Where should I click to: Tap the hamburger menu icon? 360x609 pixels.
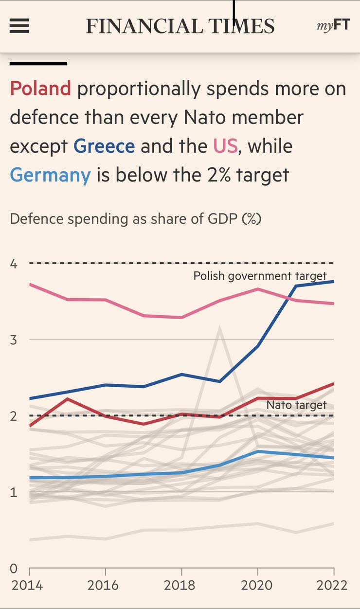coord(19,26)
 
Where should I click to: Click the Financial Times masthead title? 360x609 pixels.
coord(180,26)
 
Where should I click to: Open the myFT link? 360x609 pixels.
coord(333,25)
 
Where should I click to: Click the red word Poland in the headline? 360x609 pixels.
coord(40,89)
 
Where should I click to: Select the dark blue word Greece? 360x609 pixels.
coord(104,146)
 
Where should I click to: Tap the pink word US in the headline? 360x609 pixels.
coord(225,146)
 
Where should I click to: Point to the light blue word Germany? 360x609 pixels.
coord(50,175)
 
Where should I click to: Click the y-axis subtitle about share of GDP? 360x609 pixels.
coord(136,219)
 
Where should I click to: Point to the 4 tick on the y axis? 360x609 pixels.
coord(14,264)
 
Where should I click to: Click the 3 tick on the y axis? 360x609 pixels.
coord(14,340)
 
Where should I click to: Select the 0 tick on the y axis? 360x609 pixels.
coord(14,568)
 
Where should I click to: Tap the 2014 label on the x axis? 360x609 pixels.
coord(27,584)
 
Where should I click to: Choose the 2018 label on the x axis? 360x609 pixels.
coord(181,584)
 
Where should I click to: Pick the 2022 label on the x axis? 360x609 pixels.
coord(332,584)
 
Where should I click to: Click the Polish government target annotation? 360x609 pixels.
coord(260,276)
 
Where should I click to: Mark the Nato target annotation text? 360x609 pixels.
coord(296,405)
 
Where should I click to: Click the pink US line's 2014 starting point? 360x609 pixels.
coord(30,284)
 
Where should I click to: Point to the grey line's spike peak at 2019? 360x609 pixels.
coord(220,329)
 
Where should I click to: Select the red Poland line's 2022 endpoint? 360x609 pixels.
coord(334,384)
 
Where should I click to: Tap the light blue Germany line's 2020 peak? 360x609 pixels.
coord(257,451)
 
